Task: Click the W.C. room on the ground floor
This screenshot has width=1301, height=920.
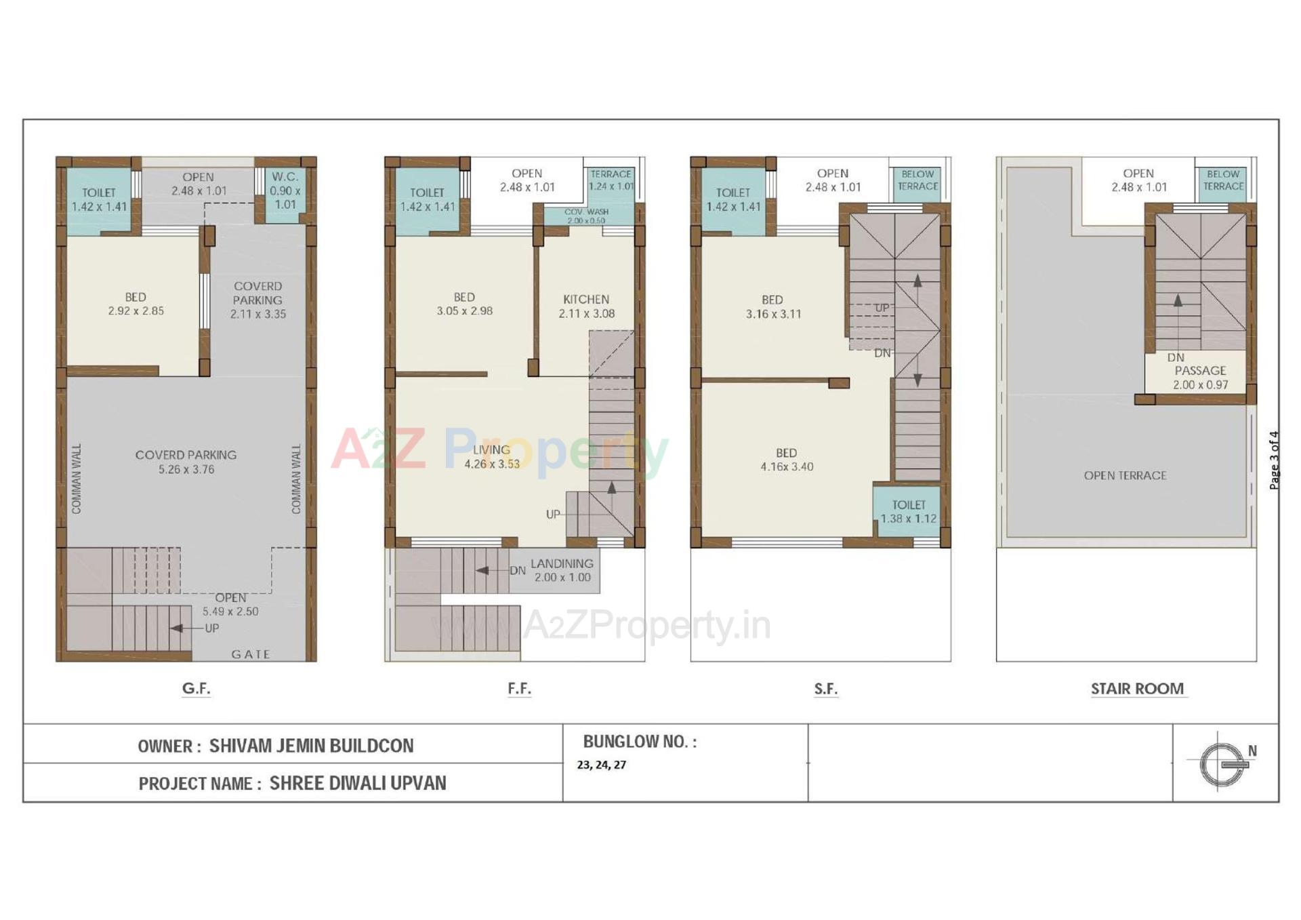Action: (285, 190)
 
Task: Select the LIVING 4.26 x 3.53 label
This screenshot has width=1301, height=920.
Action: (491, 456)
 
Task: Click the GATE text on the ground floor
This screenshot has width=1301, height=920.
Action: (251, 654)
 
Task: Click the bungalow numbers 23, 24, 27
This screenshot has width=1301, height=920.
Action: (601, 765)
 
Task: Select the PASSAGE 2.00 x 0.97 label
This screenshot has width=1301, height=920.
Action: (1200, 378)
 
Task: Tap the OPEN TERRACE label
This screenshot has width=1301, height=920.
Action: (1125, 475)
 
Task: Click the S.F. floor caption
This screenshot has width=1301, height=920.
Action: (825, 689)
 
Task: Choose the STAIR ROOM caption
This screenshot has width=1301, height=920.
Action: (1137, 689)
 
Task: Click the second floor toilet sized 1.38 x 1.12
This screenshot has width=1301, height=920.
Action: (908, 512)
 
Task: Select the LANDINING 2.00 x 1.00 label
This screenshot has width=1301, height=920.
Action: (562, 570)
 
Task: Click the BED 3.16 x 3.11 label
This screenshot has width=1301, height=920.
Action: (772, 306)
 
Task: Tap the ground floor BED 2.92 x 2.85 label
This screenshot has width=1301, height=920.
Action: (136, 304)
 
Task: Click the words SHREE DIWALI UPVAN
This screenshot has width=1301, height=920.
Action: (358, 783)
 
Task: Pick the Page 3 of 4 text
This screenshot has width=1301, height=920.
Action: (1274, 460)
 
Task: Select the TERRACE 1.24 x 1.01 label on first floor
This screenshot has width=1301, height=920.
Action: (611, 180)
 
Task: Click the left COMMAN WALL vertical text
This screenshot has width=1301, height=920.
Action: (76, 479)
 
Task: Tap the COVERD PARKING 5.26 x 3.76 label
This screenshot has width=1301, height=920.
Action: (186, 462)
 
